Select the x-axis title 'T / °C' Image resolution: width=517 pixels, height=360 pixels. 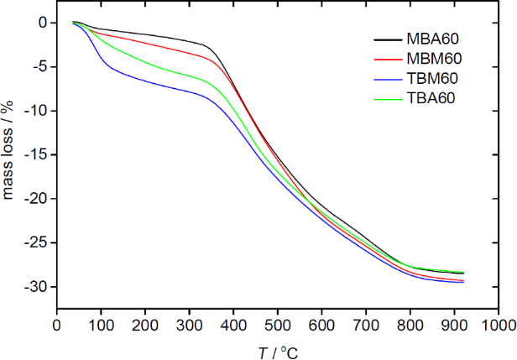277,352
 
